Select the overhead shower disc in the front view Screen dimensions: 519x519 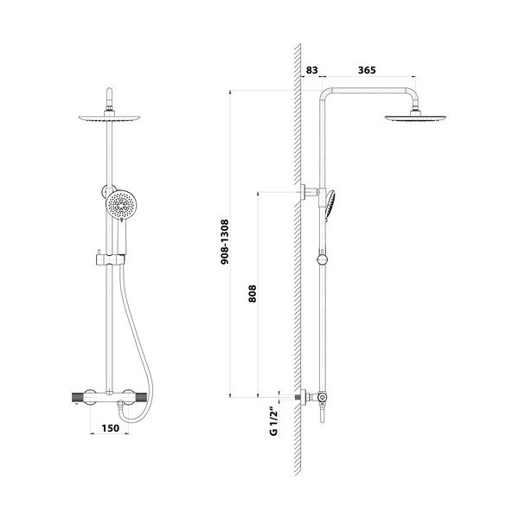(x=110, y=120)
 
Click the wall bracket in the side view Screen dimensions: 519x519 (x=310, y=191)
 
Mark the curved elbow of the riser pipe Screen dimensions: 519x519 (x=328, y=94)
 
